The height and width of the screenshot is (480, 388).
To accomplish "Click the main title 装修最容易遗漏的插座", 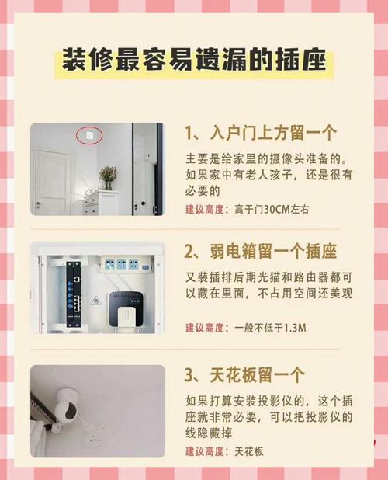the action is coord(194,60).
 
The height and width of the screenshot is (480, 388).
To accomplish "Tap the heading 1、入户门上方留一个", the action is coord(261,133).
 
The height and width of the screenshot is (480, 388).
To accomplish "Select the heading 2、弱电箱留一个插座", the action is coord(261,252).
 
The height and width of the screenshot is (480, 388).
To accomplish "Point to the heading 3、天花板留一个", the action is coord(244,374).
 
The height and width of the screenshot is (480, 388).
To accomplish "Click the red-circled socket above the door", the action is coord(89,134).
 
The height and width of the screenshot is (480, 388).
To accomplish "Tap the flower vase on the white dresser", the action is coord(108,178).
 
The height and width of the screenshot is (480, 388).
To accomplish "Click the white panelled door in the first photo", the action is coord(53,183).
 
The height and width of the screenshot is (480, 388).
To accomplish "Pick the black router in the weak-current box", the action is coord(126,308).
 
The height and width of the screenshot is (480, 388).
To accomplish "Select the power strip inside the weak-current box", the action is coord(126,264).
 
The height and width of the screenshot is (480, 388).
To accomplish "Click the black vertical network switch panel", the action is coord(74,294).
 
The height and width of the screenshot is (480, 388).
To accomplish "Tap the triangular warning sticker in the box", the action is coord(95,301).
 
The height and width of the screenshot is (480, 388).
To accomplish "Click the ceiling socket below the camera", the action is coord(94,438).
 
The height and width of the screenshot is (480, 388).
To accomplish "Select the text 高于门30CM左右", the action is coord(272,210).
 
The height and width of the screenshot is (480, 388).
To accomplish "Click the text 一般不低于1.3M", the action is coord(270,328).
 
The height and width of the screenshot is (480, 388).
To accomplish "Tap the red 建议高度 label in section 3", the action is coord(205,451).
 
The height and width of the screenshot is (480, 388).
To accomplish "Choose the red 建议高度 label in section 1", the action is coord(205,210).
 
